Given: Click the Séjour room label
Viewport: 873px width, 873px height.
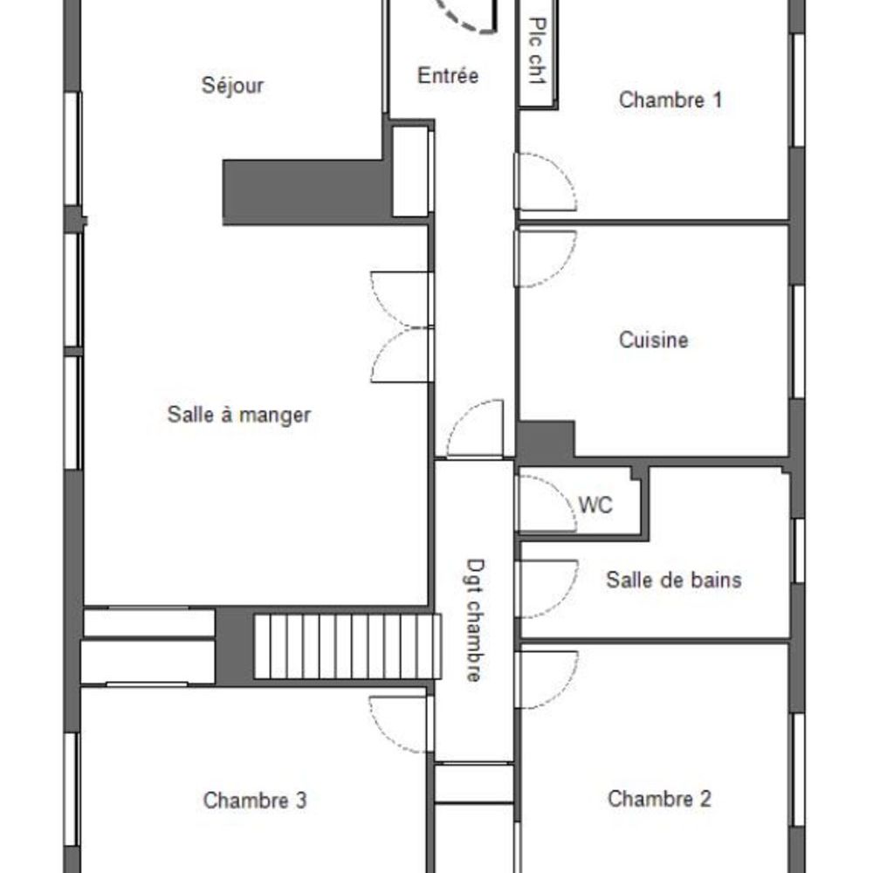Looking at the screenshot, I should tap(232, 86).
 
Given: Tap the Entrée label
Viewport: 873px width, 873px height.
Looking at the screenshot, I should tap(448, 76).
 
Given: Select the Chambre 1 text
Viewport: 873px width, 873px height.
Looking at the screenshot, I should tap(670, 100).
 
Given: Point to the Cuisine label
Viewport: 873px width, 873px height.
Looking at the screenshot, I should tap(653, 340).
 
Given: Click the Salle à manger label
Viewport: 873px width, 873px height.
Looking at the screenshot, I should tap(238, 415).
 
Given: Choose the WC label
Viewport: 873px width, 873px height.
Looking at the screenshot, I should tap(595, 505).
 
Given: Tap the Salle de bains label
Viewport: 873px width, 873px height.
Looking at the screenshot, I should tap(673, 580).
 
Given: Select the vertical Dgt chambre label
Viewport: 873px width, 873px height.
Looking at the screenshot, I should tap(473, 620).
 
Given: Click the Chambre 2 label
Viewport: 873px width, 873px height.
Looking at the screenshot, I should tap(659, 798).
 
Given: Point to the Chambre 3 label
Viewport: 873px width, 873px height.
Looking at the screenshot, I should tap(254, 800).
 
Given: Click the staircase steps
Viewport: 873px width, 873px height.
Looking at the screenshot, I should tap(347, 646).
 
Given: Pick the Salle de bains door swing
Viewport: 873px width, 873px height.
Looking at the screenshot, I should tap(546, 588).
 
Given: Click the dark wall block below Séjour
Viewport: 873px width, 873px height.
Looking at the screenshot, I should tap(306, 191).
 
